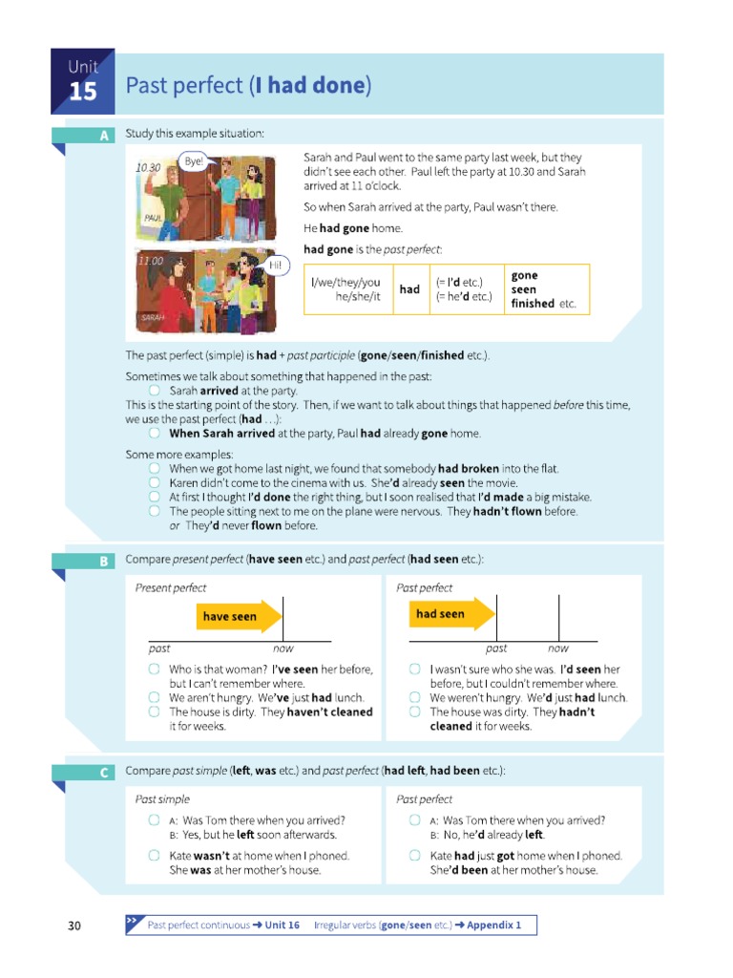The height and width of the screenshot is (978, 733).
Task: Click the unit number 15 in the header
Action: click(83, 93)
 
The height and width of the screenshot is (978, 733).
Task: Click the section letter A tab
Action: click(104, 136)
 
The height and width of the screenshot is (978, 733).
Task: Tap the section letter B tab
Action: click(104, 561)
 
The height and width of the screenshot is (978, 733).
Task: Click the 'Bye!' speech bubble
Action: click(194, 161)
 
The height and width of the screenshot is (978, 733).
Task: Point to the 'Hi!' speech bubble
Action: click(275, 265)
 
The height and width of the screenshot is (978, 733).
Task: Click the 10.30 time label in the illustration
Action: click(148, 168)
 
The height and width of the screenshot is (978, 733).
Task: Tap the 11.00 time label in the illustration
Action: click(151, 260)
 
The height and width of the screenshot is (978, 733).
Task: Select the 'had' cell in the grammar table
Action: click(409, 289)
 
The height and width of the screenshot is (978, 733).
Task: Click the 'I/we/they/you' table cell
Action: click(346, 283)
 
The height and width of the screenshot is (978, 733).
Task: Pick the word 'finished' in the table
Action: click(533, 304)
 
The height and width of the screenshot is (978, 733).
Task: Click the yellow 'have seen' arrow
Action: click(240, 617)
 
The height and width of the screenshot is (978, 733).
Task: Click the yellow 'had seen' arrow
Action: click(450, 614)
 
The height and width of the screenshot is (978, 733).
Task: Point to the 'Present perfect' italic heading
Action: click(171, 588)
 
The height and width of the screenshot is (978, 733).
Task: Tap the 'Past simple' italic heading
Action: click(162, 799)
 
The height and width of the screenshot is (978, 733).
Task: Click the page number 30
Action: click(74, 925)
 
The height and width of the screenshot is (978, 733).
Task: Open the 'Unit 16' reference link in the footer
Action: click(282, 925)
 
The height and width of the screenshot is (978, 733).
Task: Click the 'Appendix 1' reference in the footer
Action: click(493, 925)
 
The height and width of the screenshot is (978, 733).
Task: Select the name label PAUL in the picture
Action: click(152, 218)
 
